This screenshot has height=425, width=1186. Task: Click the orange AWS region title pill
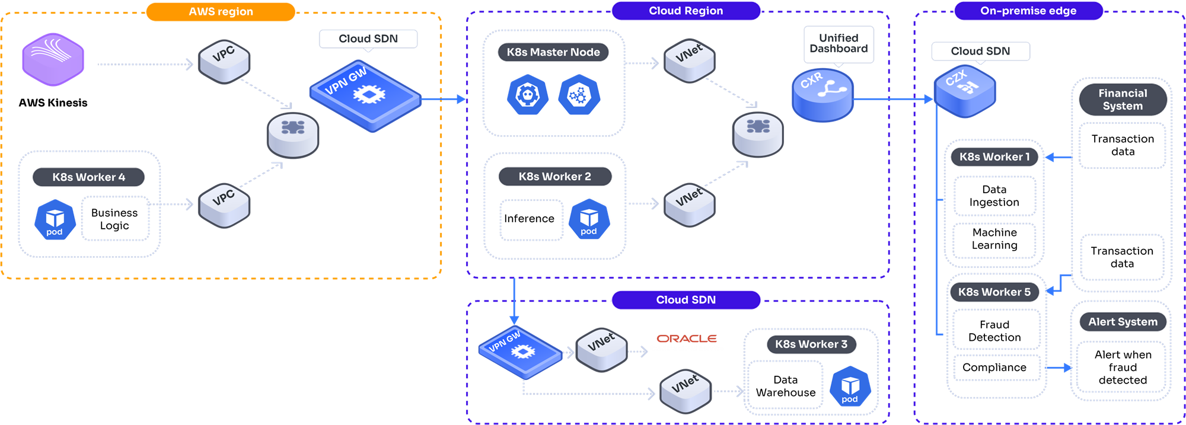tap(221, 12)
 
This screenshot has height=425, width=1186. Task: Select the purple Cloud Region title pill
tap(686, 11)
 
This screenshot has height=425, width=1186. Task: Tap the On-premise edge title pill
tap(1028, 11)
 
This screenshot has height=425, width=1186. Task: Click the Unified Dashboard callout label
tap(839, 43)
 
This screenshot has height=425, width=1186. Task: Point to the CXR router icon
tap(822, 95)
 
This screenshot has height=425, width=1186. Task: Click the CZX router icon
tap(964, 90)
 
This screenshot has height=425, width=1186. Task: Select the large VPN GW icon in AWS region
tap(365, 95)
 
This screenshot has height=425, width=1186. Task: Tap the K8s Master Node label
tap(553, 52)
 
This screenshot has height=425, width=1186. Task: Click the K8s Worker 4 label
tap(88, 177)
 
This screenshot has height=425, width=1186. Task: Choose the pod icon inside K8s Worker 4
tap(55, 220)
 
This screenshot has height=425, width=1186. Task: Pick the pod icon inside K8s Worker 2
tap(589, 219)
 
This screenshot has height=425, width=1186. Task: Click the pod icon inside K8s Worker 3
tap(850, 387)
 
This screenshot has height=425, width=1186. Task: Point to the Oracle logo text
tap(687, 338)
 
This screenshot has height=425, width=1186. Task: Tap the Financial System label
tap(1123, 100)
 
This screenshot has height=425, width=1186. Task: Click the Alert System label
tap(1122, 322)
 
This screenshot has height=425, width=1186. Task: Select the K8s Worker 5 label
tap(994, 292)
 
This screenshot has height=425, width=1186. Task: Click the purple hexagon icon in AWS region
tap(53, 59)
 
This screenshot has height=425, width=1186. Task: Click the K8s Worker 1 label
tap(994, 157)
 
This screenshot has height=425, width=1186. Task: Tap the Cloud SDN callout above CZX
tap(980, 51)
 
